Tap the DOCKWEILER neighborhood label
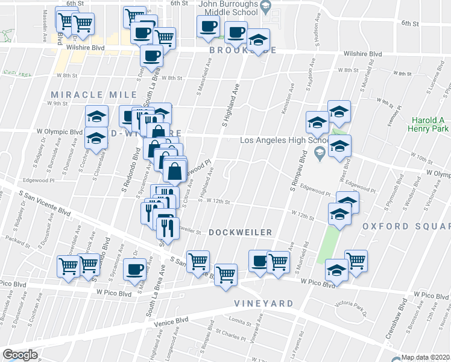241,232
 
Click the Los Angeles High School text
283,141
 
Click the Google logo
20,355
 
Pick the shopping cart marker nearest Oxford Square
356,261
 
